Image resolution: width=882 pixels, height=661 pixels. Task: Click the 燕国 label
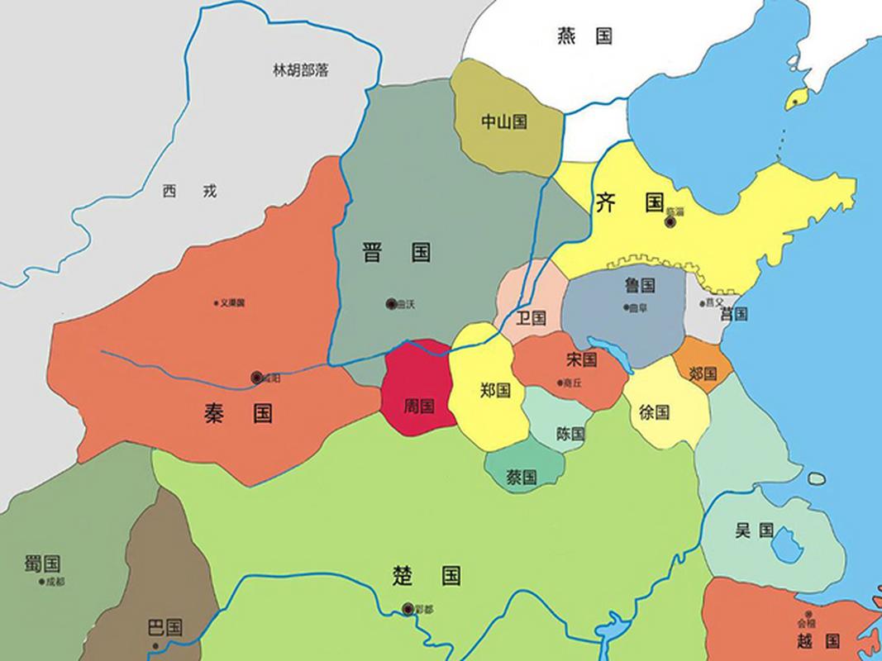pyautogui.click(x=584, y=36)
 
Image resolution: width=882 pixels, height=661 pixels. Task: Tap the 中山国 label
pyautogui.click(x=504, y=122)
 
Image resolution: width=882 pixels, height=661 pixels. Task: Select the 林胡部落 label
pyautogui.click(x=301, y=70)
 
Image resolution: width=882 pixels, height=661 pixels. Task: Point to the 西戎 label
pyautogui.click(x=189, y=192)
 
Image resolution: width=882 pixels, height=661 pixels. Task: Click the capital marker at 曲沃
pyautogui.click(x=391, y=304)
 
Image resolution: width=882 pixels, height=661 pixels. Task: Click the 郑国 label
pyautogui.click(x=495, y=391)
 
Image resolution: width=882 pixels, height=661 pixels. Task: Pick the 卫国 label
pyautogui.click(x=531, y=318)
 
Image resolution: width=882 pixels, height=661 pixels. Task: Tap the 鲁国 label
pyautogui.click(x=640, y=286)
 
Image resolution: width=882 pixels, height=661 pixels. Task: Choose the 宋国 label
pyautogui.click(x=582, y=359)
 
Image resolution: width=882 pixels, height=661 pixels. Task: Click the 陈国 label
pyautogui.click(x=571, y=433)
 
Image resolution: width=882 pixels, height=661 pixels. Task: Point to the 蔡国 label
pyautogui.click(x=522, y=477)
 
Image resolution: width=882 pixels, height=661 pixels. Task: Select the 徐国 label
pyautogui.click(x=655, y=411)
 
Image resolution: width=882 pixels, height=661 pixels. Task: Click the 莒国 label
pyautogui.click(x=733, y=314)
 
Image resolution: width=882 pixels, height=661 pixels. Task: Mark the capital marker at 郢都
pyautogui.click(x=408, y=609)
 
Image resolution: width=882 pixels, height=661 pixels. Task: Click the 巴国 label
pyautogui.click(x=164, y=626)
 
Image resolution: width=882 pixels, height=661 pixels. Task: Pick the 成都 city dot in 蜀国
pyautogui.click(x=41, y=582)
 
